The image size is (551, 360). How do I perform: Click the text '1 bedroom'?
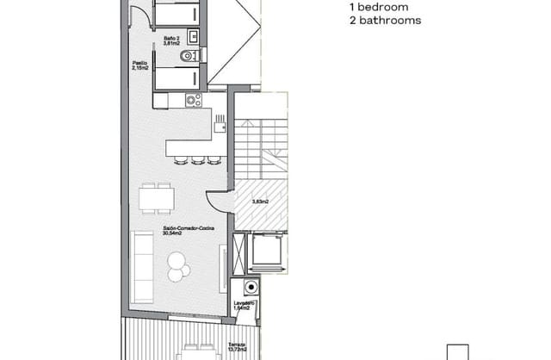[374, 7]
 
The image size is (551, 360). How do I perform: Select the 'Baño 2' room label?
[170, 39]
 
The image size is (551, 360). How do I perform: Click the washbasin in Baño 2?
[194, 36]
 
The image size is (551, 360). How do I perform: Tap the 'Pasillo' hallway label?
[140, 64]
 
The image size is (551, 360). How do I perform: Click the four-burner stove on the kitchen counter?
[191, 101]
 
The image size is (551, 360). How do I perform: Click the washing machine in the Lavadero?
[251, 288]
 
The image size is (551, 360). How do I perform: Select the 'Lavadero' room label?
[243, 303]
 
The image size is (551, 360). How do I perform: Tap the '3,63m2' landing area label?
[259, 202]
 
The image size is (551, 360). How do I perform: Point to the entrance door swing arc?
[220, 202]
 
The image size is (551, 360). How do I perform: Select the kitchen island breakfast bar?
[193, 145]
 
